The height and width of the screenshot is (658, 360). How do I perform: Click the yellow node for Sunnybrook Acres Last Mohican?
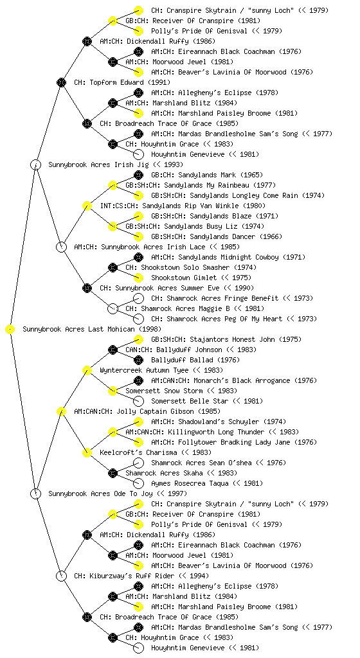(10, 330)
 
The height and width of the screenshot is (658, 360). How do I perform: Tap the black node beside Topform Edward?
(61, 82)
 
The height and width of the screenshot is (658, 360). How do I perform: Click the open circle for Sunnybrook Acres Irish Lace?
(61, 247)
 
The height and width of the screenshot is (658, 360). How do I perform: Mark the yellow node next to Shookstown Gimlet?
(138, 278)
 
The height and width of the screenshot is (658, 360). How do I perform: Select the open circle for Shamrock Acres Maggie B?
(113, 308)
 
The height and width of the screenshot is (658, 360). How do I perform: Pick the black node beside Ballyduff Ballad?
(138, 360)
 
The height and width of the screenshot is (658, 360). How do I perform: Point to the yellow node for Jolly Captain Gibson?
(61, 411)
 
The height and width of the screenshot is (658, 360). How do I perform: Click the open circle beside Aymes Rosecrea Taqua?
(138, 483)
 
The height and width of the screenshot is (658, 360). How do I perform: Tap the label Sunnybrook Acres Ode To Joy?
(100, 494)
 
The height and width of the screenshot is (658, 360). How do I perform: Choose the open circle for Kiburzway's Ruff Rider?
(61, 576)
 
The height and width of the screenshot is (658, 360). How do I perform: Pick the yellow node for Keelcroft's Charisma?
(87, 452)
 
